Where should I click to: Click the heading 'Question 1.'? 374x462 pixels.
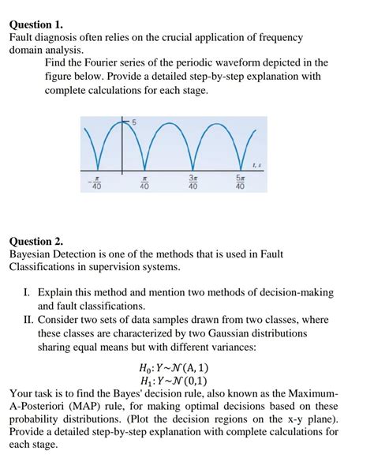point(36,24)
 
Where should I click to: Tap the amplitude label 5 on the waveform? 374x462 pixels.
point(134,121)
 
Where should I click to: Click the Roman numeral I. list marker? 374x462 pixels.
point(28,292)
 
